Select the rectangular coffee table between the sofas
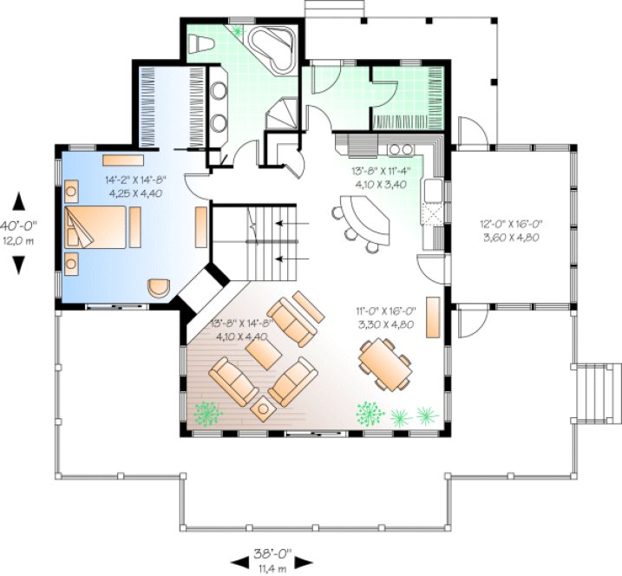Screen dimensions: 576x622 [263, 350]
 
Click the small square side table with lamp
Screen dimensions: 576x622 [263, 406]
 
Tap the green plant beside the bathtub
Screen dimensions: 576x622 [237, 31]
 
